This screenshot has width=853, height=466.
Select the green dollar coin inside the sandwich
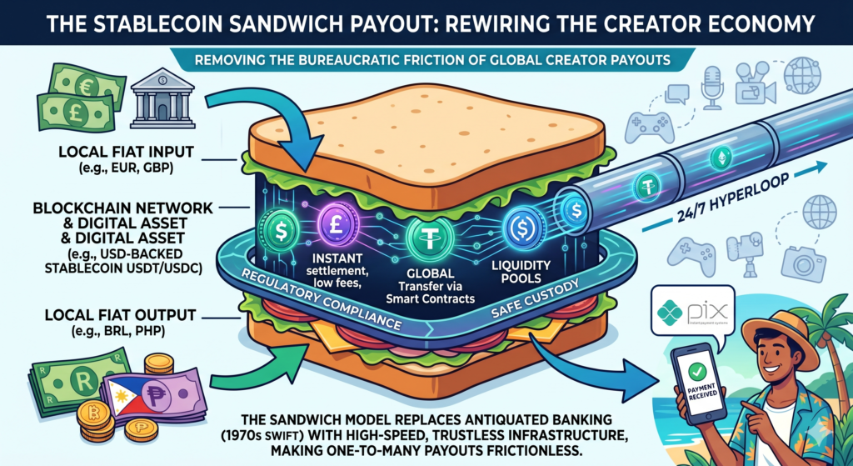pyautogui.click(x=279, y=227)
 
